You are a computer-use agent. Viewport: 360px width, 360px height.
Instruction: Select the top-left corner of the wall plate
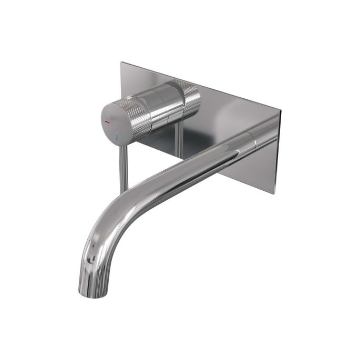tap(121, 63)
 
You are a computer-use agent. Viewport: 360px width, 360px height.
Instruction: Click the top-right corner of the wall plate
tap(281, 112)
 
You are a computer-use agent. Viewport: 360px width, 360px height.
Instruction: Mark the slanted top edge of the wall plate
tap(205, 88)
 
